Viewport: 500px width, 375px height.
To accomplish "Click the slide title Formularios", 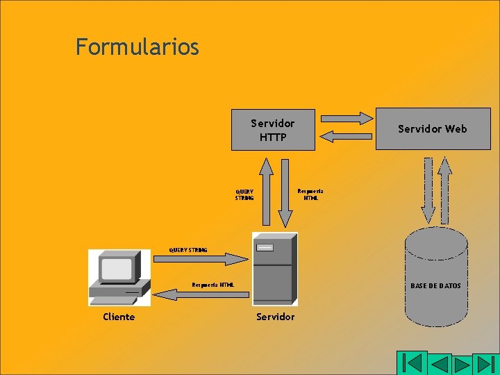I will pyautogui.click(x=137, y=47).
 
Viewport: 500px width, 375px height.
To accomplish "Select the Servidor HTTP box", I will pyautogui.click(x=273, y=129).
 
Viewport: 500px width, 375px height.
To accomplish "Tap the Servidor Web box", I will pyautogui.click(x=433, y=128).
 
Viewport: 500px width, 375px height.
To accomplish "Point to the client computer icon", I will pyautogui.click(x=119, y=277).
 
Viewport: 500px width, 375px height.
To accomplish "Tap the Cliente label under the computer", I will pyautogui.click(x=119, y=317).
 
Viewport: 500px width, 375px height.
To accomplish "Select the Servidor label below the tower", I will pyautogui.click(x=276, y=317).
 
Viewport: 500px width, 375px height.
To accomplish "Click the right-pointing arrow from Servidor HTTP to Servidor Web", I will pyautogui.click(x=346, y=117).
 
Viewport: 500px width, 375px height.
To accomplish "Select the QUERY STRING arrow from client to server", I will pyautogui.click(x=200, y=258).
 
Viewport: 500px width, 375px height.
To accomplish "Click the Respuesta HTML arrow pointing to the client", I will pyautogui.click(x=200, y=294).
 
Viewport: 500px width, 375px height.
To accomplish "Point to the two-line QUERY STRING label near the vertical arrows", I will pyautogui.click(x=244, y=194).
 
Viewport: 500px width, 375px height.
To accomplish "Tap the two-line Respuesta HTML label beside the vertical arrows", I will pyautogui.click(x=310, y=194).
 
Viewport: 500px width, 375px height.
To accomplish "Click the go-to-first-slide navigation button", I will pyautogui.click(x=412, y=363).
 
